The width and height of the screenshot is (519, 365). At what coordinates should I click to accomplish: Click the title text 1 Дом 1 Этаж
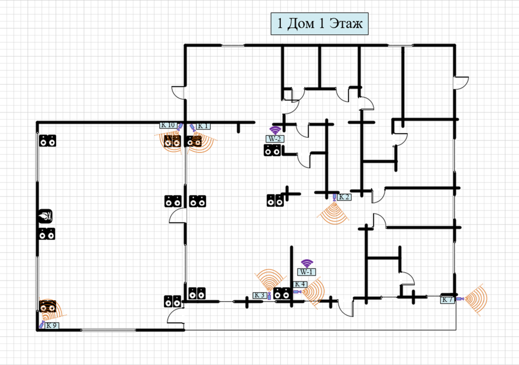point(319,24)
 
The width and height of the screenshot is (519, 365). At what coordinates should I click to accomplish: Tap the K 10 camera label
point(168,125)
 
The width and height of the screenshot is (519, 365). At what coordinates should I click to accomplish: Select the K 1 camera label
point(203,126)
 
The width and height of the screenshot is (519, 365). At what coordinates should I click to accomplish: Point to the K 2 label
point(344,197)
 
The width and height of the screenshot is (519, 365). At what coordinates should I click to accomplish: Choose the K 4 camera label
point(300,285)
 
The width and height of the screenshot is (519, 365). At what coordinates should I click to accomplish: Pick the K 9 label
point(51,326)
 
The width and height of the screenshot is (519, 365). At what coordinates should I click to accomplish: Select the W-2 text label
point(274,138)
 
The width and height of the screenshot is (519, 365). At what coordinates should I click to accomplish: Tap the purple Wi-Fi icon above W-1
point(307,263)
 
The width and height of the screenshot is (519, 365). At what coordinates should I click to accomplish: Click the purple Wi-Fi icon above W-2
point(275,130)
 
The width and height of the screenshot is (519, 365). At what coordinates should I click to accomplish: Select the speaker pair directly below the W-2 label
point(272,150)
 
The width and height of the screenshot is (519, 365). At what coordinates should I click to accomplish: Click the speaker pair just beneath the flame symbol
point(48,234)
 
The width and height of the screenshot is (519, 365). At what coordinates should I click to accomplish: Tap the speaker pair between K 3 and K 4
point(282,293)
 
